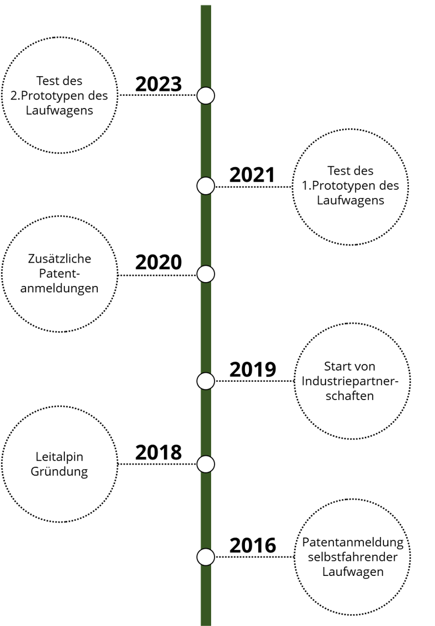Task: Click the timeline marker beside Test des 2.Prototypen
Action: tap(206, 96)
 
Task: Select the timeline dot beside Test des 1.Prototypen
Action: tap(206, 186)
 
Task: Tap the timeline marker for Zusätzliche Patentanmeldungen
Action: tap(206, 274)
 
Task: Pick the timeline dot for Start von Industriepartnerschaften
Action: tap(206, 381)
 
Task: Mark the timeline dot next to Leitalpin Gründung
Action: tap(206, 464)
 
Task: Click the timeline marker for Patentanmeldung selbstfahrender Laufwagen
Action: tap(206, 556)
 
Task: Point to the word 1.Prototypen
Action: tap(336, 186)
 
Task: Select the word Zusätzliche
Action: tap(59, 259)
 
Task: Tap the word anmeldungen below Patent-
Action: tap(59, 288)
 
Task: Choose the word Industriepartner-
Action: tap(351, 381)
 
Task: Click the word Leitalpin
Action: tap(59, 457)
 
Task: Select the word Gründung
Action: tap(59, 472)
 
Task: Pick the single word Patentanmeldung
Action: tap(353, 543)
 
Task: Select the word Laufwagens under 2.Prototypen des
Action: tap(59, 110)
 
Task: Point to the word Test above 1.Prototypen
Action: tap(337, 171)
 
